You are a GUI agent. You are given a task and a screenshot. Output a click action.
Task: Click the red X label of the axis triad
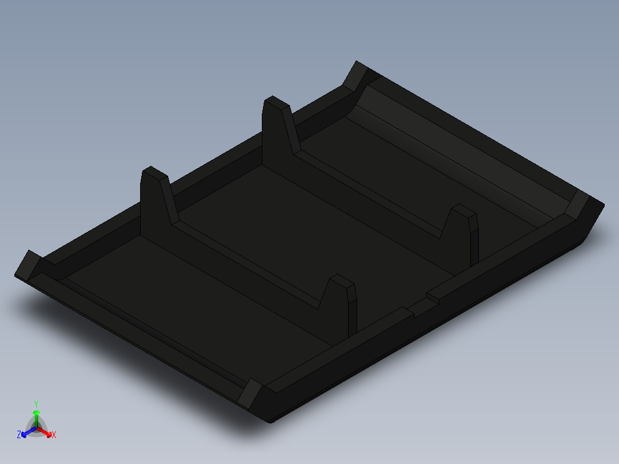(x=54, y=435)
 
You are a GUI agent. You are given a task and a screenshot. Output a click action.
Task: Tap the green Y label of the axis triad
(x=36, y=404)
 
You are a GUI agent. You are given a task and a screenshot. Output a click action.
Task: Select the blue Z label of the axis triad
(x=19, y=435)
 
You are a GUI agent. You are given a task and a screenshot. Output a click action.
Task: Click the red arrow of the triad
(x=47, y=432)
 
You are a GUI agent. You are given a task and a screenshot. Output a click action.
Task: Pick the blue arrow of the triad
(x=26, y=432)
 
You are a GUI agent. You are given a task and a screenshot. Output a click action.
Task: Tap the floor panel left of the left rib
(x=189, y=299)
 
